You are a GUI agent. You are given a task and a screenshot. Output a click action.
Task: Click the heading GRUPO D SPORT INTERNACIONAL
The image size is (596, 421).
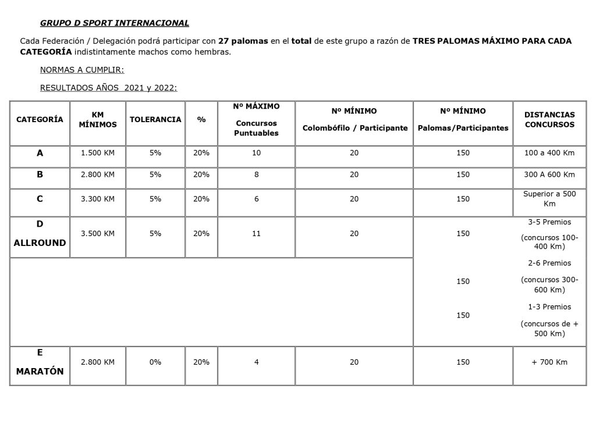click(x=114, y=23)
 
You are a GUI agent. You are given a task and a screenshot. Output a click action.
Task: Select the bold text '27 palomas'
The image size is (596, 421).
click(x=243, y=41)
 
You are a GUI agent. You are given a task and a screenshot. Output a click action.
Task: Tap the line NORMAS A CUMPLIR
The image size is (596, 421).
click(x=81, y=70)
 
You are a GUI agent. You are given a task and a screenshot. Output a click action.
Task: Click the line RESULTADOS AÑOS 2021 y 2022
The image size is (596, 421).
click(x=108, y=88)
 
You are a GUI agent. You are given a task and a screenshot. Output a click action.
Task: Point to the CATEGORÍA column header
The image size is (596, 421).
click(x=40, y=119)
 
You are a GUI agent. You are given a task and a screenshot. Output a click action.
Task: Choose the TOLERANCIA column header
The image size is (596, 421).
click(x=155, y=119)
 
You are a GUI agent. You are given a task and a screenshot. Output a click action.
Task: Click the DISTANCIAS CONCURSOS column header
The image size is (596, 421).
click(x=549, y=120)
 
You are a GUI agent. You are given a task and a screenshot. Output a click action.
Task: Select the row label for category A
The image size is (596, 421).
click(x=40, y=154)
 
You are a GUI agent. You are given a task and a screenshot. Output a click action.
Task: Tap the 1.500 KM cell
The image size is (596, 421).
click(x=98, y=153)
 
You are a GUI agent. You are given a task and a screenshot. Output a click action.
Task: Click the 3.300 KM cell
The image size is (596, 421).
click(x=98, y=199)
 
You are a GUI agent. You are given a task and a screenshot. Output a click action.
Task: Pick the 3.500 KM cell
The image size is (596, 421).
click(x=98, y=233)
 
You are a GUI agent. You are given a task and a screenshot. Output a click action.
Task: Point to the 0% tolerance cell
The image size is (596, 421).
click(x=155, y=362)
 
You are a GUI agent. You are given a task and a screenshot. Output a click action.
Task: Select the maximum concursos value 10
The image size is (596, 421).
click(x=256, y=153)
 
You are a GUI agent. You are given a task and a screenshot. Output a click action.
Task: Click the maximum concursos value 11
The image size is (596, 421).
click(x=256, y=233)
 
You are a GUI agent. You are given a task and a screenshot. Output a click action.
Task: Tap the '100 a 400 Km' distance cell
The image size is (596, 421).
click(x=549, y=153)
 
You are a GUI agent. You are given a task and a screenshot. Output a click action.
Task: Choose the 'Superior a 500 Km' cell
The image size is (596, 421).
click(x=549, y=198)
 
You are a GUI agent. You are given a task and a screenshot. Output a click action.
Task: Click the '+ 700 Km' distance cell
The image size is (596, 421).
click(x=549, y=362)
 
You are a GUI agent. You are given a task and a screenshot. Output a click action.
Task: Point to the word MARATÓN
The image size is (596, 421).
click(x=40, y=371)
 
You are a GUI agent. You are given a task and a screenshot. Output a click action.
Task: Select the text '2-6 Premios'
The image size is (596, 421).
click(x=549, y=263)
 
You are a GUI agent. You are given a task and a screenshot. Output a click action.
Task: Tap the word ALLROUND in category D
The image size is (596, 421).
click(x=40, y=243)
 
